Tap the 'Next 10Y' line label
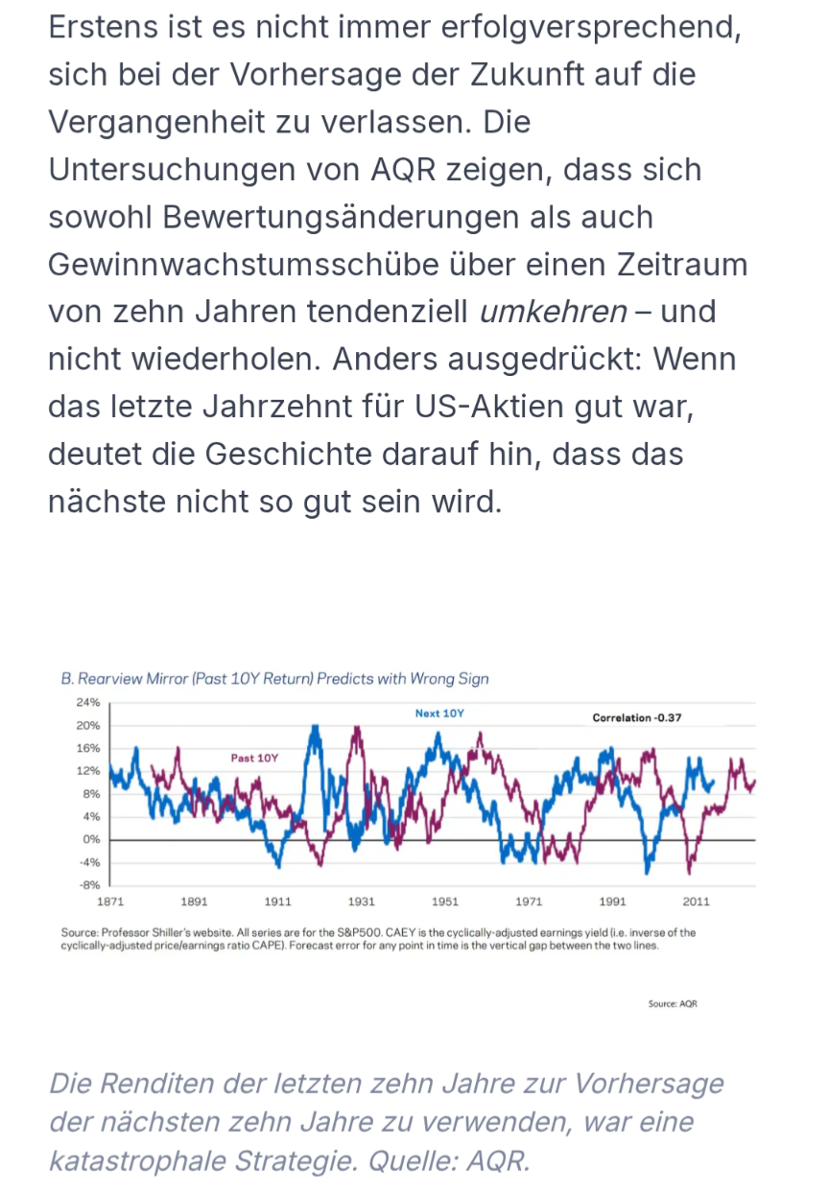click(439, 713)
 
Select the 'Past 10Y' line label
click(254, 758)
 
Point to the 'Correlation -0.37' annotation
click(637, 717)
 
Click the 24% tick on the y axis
click(87, 702)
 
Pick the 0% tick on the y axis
click(90, 839)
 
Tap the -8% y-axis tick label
click(88, 884)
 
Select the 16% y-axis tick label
click(87, 748)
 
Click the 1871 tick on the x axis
click(110, 901)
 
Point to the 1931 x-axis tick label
click(362, 901)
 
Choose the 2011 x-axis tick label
click(697, 901)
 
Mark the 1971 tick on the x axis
click(529, 901)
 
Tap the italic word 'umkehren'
click(553, 312)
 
